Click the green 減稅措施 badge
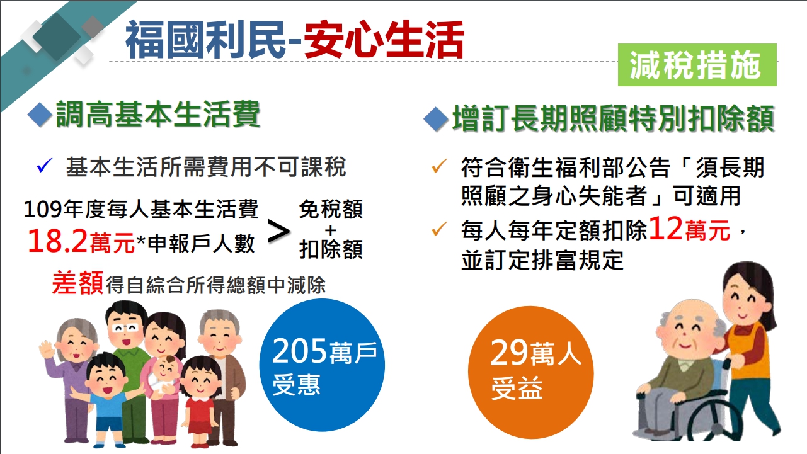697,65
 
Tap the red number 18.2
57,241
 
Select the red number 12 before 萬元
665,229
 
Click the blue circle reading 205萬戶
322,365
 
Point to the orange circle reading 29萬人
530,372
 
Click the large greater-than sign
279,232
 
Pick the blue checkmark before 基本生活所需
44,166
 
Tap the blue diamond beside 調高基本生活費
40,115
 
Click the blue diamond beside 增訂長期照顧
436,119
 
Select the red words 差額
78,283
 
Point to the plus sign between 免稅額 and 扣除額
330,230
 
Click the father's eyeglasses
125,328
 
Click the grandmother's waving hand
47,348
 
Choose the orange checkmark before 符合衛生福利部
439,166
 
